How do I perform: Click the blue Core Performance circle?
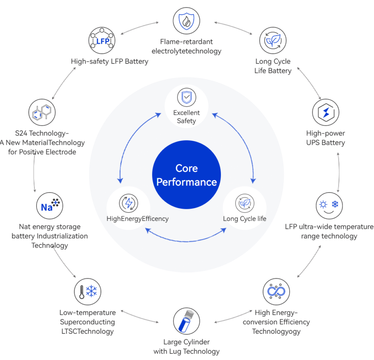pos(186,175)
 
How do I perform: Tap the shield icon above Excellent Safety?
pos(186,98)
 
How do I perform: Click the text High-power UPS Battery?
pos(325,138)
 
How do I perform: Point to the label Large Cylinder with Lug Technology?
pos(186,347)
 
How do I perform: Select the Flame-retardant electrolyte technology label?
pos(186,46)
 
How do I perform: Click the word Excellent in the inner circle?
pos(186,113)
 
